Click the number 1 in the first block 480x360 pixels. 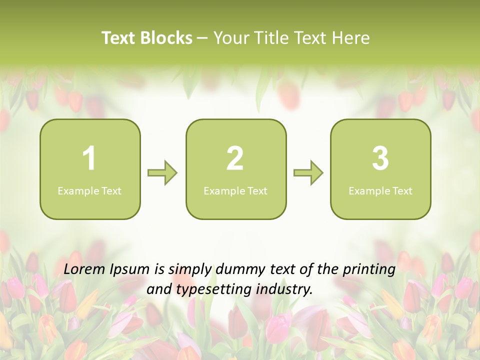tap(89, 159)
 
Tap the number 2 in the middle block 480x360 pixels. tap(235, 159)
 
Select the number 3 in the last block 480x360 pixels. tap(380, 159)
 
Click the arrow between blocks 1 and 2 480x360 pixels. tap(162, 173)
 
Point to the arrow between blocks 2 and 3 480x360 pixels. tap(308, 173)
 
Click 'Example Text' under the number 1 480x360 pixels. tap(89, 191)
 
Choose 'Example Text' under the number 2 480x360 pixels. tap(235, 191)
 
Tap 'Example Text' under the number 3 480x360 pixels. tap(380, 191)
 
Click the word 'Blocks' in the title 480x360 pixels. tap(166, 38)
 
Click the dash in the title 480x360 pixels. tap(203, 38)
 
